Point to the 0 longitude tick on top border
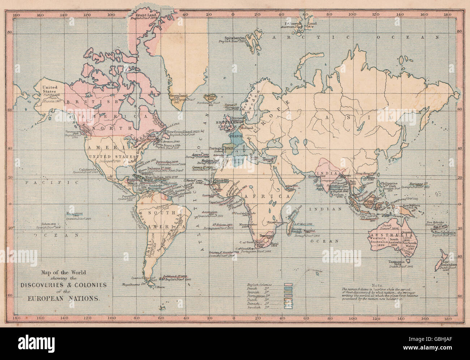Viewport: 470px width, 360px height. (x=233, y=15)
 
